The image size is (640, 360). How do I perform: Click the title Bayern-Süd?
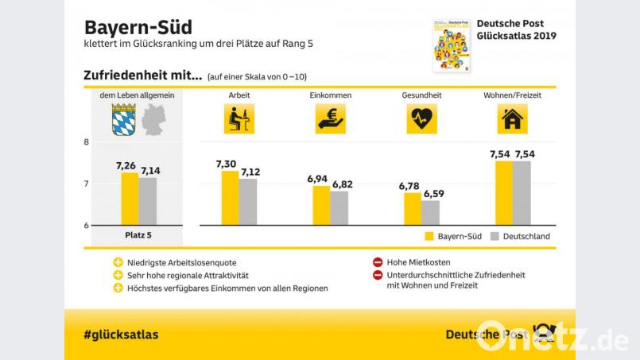click(x=138, y=29)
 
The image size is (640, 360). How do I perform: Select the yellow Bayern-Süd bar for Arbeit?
click(x=229, y=198)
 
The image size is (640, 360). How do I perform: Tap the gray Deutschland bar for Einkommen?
click(x=339, y=208)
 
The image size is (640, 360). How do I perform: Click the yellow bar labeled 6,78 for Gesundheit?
click(x=412, y=209)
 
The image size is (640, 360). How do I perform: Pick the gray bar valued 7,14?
click(x=148, y=201)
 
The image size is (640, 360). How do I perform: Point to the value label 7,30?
click(x=227, y=164)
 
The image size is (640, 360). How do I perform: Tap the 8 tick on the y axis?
click(x=85, y=142)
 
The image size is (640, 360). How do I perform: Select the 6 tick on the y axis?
click(x=85, y=226)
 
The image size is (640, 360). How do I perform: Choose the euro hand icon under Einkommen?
click(x=329, y=119)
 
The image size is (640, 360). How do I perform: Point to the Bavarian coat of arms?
click(x=124, y=119)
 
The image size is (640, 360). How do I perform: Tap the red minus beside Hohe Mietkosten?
click(x=377, y=262)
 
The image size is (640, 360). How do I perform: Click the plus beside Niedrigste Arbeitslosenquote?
click(x=118, y=262)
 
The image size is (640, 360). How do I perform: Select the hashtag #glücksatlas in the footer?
click(x=120, y=335)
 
